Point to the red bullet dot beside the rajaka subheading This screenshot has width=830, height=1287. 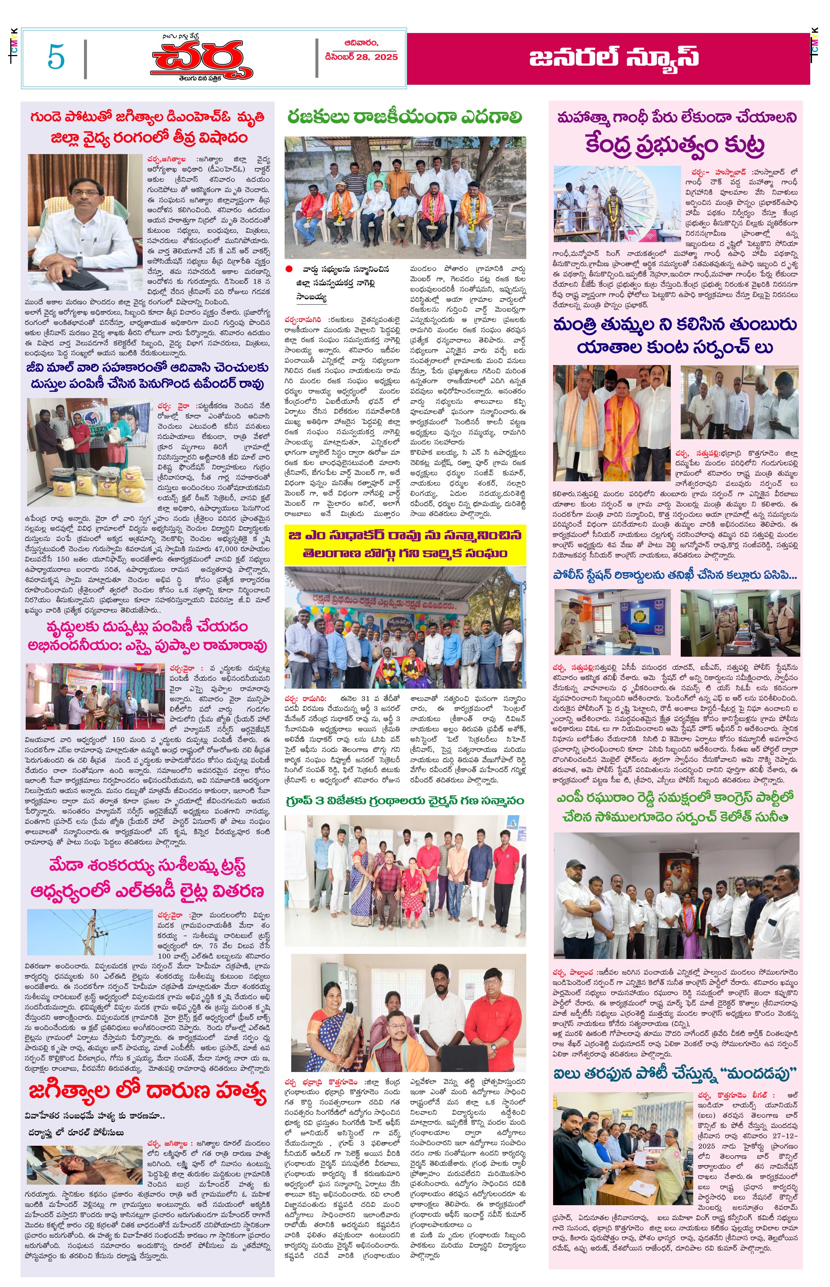pos(289,269)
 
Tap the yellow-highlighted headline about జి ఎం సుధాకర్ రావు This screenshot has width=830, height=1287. pos(405,544)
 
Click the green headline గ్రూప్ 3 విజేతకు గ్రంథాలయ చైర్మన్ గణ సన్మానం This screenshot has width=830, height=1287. pos(405,801)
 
